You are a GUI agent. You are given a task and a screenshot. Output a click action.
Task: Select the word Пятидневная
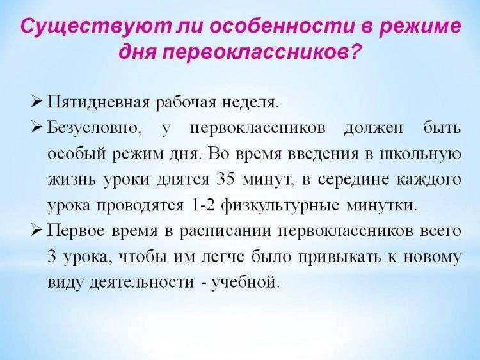click(99, 102)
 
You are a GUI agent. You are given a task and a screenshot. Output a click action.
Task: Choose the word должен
click(374, 129)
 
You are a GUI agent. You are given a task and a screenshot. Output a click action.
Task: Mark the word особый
click(77, 154)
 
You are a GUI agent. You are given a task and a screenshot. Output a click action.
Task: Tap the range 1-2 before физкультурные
click(204, 205)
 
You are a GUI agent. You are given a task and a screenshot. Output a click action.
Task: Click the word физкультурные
click(280, 205)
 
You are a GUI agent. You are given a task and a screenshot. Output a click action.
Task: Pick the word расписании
click(225, 231)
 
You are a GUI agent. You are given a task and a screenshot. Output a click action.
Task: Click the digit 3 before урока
click(52, 256)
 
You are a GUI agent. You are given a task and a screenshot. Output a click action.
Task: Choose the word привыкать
click(340, 257)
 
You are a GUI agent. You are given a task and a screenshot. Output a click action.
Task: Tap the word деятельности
click(141, 283)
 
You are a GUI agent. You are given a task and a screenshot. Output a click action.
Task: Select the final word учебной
click(245, 282)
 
